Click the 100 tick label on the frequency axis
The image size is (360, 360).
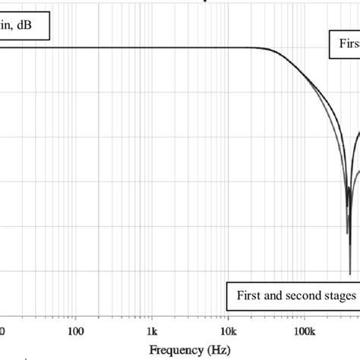tap(75, 331)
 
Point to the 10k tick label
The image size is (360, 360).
tap(228, 331)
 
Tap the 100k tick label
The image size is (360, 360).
tap(305, 331)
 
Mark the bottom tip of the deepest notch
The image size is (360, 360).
tap(350, 274)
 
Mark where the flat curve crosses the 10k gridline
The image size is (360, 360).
tap(228, 48)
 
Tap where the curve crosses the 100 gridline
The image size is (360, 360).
tap(75, 48)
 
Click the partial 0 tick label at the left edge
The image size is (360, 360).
tap(2, 331)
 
